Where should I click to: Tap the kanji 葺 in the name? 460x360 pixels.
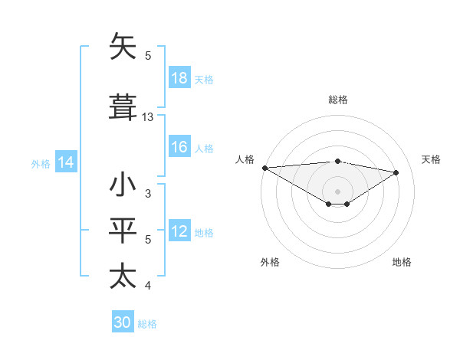click(x=123, y=106)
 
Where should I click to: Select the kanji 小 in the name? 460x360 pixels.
click(x=123, y=185)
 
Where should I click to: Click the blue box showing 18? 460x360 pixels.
click(x=179, y=79)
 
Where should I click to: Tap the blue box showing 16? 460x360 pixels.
click(x=179, y=148)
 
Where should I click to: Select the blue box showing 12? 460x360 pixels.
click(x=179, y=232)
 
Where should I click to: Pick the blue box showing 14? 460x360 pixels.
click(x=66, y=162)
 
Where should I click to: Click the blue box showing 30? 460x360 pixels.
click(x=123, y=323)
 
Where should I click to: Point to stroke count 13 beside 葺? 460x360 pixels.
click(x=148, y=117)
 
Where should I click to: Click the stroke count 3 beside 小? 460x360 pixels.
click(x=148, y=194)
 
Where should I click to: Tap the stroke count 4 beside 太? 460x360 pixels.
click(x=148, y=286)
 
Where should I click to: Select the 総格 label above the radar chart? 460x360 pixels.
click(x=338, y=100)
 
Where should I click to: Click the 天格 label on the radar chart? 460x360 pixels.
click(x=431, y=159)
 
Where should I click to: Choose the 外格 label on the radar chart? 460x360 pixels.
click(x=270, y=262)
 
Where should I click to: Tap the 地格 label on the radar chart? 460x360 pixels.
click(x=402, y=262)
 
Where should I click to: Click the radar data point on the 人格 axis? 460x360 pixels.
click(x=264, y=168)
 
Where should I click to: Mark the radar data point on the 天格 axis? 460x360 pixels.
click(x=396, y=172)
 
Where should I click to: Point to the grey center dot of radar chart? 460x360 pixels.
click(x=337, y=191)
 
